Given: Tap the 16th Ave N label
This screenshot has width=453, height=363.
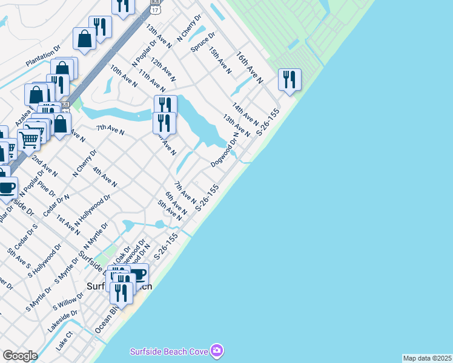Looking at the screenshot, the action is tap(250, 67).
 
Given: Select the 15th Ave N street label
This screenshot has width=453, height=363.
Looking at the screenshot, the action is tap(220, 59).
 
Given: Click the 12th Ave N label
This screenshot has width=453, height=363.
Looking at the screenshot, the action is tap(164, 70).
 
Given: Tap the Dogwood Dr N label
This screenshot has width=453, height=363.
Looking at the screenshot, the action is tap(225, 152).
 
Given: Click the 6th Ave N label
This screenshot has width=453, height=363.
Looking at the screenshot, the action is tap(176, 203).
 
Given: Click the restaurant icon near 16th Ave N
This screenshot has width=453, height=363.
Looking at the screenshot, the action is tap(289, 79).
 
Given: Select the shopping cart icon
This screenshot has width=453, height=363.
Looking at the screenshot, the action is tap(28, 139).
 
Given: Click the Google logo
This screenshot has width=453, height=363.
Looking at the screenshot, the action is tap(20, 356).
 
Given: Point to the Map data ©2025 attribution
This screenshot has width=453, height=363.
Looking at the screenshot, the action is tap(427, 358).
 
